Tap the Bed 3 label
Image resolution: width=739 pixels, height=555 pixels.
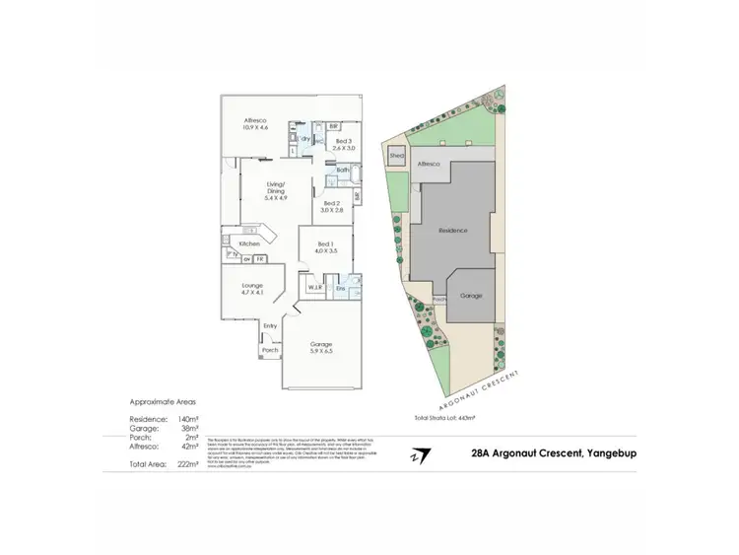point(343,146)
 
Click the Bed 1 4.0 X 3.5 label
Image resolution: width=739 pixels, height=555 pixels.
point(327,247)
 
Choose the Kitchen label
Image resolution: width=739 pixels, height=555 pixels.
point(250,243)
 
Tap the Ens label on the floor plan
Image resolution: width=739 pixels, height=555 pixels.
point(340,288)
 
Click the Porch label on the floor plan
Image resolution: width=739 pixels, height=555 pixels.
point(270,350)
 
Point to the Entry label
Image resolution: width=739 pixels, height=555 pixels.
point(270,325)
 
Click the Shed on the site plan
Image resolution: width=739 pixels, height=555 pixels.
point(397,156)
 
